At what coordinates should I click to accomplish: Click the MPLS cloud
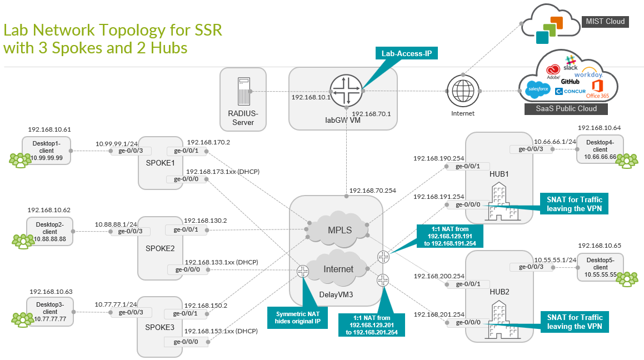point(338,229)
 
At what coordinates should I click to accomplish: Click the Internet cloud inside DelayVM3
point(338,268)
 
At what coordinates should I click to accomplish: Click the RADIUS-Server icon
point(243,91)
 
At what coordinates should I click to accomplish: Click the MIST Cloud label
point(605,22)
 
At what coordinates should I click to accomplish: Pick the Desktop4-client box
point(600,149)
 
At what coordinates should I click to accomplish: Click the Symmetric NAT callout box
point(298,317)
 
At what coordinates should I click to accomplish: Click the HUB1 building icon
point(497,204)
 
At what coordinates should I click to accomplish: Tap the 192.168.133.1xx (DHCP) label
point(221,261)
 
